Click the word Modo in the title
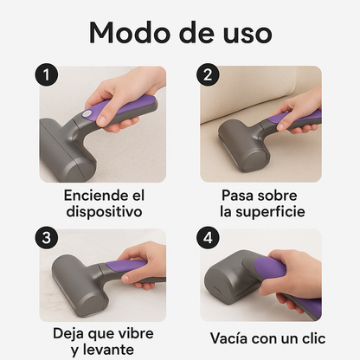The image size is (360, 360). click(129, 32)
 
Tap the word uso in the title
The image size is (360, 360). click(244, 32)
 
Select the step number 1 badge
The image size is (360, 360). click(47, 76)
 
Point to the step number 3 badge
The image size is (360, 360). click(47, 237)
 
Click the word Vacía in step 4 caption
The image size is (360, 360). click(228, 338)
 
